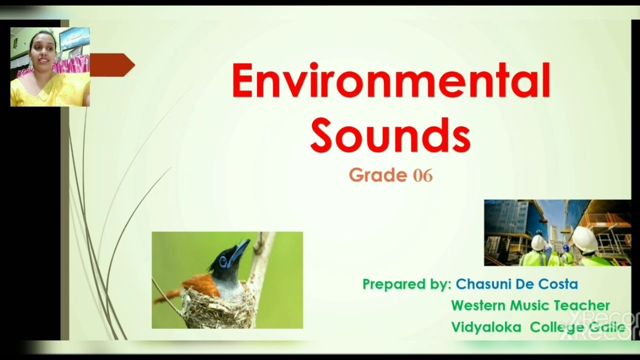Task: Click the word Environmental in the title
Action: click(390, 81)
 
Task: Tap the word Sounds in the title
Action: click(390, 135)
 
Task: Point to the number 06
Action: click(423, 175)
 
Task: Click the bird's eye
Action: click(222, 260)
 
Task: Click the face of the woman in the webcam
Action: click(41, 50)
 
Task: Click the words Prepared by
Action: click(407, 284)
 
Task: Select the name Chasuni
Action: click(483, 284)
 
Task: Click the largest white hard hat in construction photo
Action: click(584, 240)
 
